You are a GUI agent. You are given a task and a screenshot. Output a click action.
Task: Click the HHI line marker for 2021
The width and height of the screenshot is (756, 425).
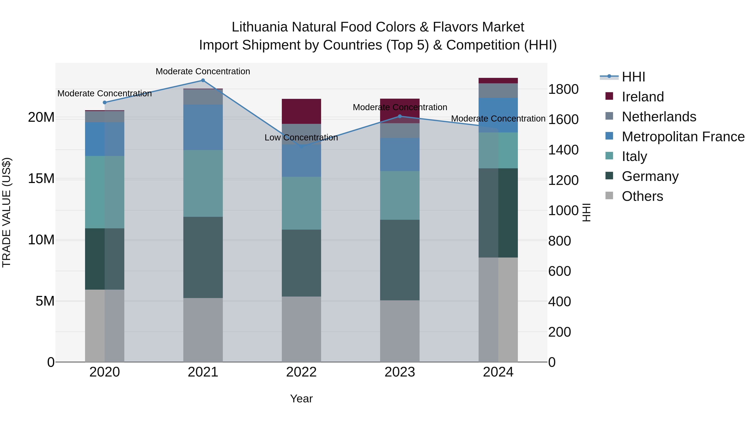pyautogui.click(x=203, y=80)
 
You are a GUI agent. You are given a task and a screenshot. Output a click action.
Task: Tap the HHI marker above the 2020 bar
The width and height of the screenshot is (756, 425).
pyautogui.click(x=105, y=102)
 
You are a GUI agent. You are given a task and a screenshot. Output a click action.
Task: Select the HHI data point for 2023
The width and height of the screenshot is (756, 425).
pyautogui.click(x=399, y=116)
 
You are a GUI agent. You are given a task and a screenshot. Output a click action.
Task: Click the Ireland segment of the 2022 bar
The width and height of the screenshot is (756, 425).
pyautogui.click(x=301, y=111)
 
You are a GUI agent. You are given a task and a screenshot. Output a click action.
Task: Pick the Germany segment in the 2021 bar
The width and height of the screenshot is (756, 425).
pyautogui.click(x=203, y=257)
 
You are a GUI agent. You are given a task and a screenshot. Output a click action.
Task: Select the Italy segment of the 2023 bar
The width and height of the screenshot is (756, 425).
pyautogui.click(x=399, y=195)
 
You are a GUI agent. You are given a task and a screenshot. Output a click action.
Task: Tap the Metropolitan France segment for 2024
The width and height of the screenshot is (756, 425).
pyautogui.click(x=498, y=115)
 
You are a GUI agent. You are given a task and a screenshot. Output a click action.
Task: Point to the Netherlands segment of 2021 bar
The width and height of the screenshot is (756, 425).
pyautogui.click(x=203, y=97)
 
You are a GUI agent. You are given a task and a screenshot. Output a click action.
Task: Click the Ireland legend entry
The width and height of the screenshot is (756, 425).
pyautogui.click(x=642, y=97)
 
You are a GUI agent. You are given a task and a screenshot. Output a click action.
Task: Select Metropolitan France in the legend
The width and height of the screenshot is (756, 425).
pyautogui.click(x=683, y=137)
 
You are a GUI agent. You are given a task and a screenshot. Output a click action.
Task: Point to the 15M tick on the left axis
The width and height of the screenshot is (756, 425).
pyautogui.click(x=41, y=179)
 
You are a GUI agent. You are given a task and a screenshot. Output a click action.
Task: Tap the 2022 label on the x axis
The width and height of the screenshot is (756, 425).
pyautogui.click(x=301, y=372)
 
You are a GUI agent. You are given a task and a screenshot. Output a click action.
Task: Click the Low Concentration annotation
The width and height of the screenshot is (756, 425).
pyautogui.click(x=301, y=137)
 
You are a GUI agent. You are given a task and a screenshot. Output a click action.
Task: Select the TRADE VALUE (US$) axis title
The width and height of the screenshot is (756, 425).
pyautogui.click(x=7, y=212)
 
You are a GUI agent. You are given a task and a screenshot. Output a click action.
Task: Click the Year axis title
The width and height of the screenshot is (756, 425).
pyautogui.click(x=301, y=399)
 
